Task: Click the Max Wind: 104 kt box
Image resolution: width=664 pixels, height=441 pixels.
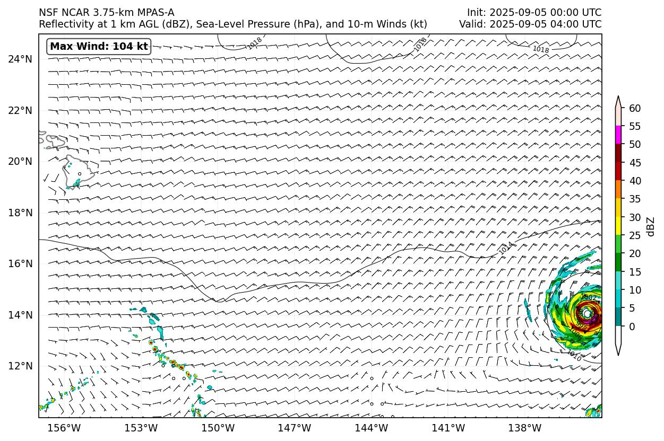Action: point(99,47)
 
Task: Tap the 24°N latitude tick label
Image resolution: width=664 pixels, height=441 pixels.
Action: point(20,59)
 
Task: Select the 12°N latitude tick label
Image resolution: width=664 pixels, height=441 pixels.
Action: point(20,366)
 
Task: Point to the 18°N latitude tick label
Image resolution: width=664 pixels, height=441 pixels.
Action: point(20,213)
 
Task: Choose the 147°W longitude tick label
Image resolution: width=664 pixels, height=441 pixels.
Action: point(295,428)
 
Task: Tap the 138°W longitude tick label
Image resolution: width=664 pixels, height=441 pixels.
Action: point(525,428)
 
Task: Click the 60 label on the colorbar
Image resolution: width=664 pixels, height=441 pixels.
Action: point(634,108)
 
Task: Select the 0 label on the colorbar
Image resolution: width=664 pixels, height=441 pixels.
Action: point(631,327)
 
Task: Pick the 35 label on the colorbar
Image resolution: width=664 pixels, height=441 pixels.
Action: point(634,199)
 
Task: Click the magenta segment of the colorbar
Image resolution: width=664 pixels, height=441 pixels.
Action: point(618,135)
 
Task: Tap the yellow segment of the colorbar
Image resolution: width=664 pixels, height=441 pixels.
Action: point(618,226)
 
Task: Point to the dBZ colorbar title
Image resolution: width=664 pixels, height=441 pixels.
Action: point(651,226)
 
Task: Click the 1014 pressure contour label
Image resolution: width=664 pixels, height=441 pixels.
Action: point(506,248)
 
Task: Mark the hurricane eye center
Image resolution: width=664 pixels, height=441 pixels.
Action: point(587,313)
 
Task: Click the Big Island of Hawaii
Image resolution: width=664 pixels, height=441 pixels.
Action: point(79,171)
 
